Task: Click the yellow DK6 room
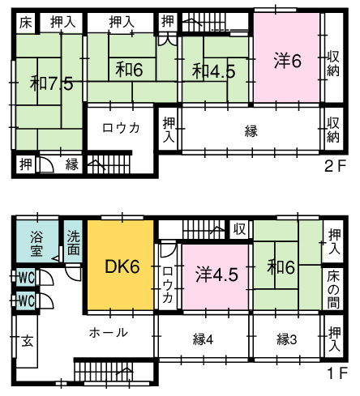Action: tap(121, 266)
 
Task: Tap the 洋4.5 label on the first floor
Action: tap(217, 275)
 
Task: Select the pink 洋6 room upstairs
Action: tap(287, 57)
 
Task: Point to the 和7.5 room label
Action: tap(52, 83)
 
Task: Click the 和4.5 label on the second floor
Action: tap(214, 71)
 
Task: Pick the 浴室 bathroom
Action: tap(37, 241)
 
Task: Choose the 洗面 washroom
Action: tap(73, 241)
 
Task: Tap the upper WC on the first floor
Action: tap(26, 277)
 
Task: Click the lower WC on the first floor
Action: tap(26, 300)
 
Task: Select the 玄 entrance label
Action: tap(28, 341)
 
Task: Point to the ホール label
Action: tap(109, 333)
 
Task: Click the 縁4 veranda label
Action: tap(204, 339)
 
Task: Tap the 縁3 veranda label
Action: tap(287, 339)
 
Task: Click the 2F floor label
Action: tap(335, 167)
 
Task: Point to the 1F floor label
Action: tap(336, 373)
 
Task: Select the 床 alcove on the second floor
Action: tap(26, 23)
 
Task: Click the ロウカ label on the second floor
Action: tap(121, 128)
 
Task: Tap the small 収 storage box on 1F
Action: tap(239, 229)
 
